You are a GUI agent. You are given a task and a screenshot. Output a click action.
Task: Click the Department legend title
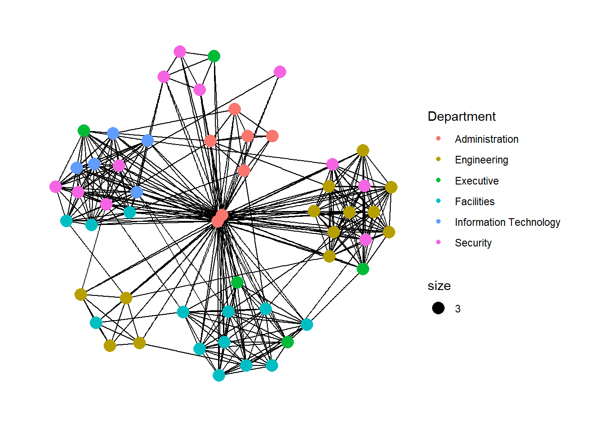click(461, 117)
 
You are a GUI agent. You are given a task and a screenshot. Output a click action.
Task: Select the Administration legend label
click(486, 139)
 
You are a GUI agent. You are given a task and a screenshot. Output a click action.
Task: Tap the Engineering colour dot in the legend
click(438, 159)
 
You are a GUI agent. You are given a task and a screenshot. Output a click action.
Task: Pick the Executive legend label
click(476, 181)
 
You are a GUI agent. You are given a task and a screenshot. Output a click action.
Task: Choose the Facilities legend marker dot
click(438, 201)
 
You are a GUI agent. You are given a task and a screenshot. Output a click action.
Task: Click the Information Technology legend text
click(507, 222)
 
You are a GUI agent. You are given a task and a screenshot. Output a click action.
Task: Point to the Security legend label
click(473, 243)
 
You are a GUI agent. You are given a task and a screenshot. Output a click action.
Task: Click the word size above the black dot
click(439, 286)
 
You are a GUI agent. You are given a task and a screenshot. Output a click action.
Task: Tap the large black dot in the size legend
click(438, 308)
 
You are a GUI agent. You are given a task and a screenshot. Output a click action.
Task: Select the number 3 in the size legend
click(458, 309)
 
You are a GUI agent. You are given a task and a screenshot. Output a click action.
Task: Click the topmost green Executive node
click(214, 56)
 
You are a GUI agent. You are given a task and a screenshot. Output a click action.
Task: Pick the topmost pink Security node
click(180, 52)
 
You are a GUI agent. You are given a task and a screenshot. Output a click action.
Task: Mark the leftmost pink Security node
click(56, 186)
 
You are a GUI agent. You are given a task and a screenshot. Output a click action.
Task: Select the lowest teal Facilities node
click(219, 375)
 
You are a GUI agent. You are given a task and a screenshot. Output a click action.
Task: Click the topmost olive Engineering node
click(363, 150)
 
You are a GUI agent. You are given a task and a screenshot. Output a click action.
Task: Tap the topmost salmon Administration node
click(235, 109)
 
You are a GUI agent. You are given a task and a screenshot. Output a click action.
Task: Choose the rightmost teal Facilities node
click(307, 324)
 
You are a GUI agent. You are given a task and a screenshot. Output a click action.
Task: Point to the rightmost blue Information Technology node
click(148, 141)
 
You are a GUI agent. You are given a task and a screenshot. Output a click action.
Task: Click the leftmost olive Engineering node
click(81, 295)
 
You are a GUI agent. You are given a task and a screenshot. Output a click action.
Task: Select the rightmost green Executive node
click(363, 269)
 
